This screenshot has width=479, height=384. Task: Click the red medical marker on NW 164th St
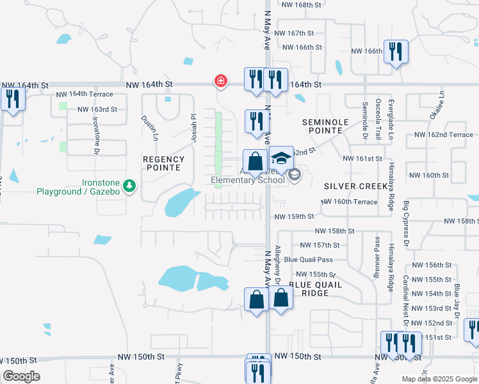[x=220, y=81]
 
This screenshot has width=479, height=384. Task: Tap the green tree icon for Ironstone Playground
[x=131, y=186]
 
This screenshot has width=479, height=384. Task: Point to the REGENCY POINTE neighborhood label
[x=163, y=163]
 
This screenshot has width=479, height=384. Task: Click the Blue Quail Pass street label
[x=308, y=259]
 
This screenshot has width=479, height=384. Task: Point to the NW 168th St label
[x=299, y=5]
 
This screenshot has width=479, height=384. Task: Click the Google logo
[x=21, y=376]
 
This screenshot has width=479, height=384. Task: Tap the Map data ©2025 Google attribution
[x=439, y=379]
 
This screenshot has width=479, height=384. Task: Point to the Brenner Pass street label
[x=377, y=257]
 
